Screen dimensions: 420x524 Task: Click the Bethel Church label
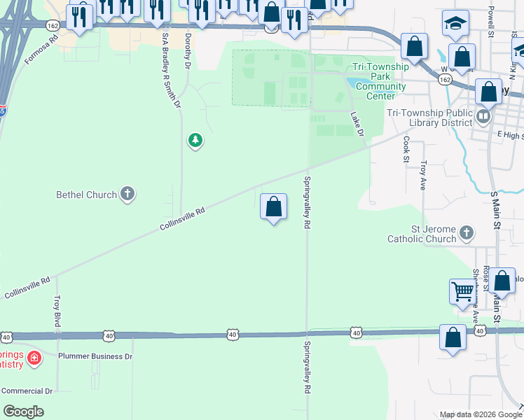pyautogui.click(x=86, y=195)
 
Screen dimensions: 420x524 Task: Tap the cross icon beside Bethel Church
pyautogui.click(x=127, y=194)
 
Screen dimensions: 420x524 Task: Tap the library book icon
pyautogui.click(x=483, y=115)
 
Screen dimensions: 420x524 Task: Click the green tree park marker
pyautogui.click(x=195, y=141)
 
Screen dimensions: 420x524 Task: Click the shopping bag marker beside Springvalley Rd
pyautogui.click(x=273, y=206)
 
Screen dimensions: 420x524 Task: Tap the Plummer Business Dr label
pyautogui.click(x=95, y=356)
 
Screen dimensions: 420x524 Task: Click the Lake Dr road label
pyautogui.click(x=357, y=123)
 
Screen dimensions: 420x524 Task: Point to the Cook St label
pyautogui.click(x=406, y=149)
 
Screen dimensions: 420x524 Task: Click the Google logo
pyautogui.click(x=24, y=412)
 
